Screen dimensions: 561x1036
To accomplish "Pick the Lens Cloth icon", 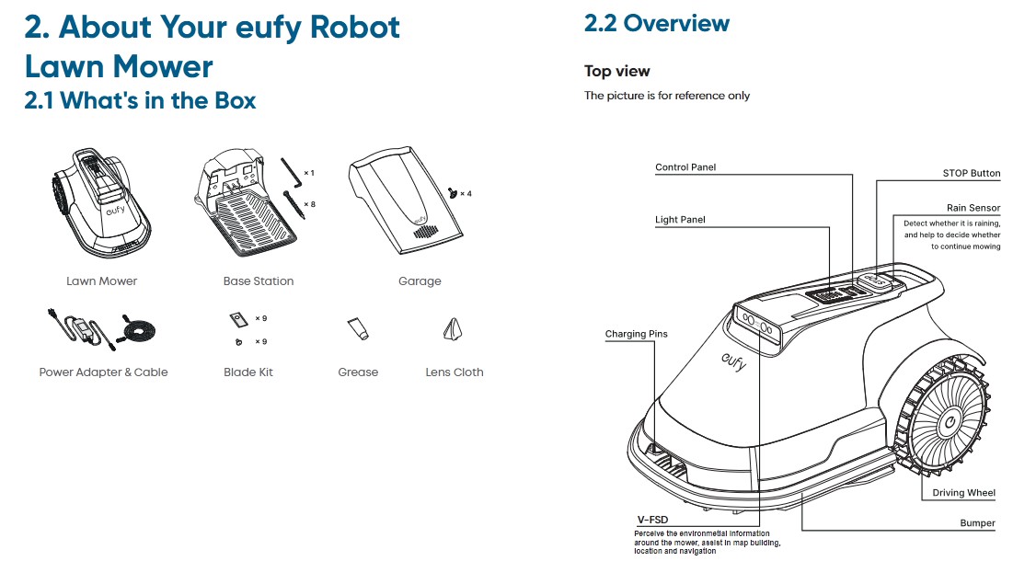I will tap(454, 330).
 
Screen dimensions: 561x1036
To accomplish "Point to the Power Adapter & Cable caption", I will tap(103, 372).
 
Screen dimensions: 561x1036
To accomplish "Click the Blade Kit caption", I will tap(248, 372).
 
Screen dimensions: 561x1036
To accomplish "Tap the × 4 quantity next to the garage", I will tap(466, 194).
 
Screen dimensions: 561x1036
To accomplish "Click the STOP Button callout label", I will tap(971, 173).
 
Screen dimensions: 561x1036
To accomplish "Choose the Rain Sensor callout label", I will tap(973, 209).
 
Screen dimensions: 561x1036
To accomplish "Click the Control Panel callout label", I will tap(685, 167).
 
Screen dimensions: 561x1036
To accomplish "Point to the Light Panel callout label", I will tap(680, 220).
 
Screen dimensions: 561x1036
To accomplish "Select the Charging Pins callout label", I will tap(636, 334).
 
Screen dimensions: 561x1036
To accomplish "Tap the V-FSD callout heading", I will tap(652, 520).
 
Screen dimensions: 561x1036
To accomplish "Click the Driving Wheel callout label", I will tap(963, 493).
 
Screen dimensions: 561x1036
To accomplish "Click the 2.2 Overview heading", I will tap(656, 24).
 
